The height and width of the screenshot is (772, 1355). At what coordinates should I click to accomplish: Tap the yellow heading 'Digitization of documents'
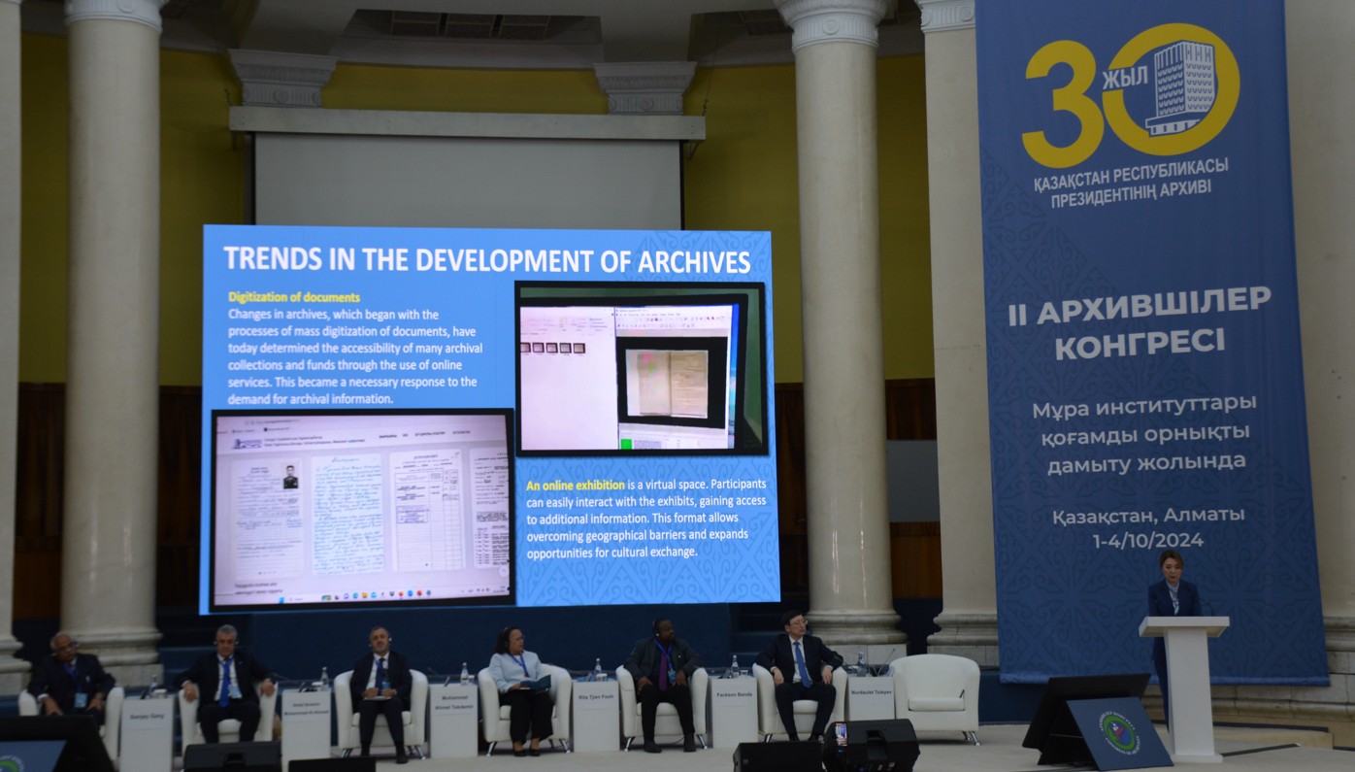pyautogui.click(x=294, y=297)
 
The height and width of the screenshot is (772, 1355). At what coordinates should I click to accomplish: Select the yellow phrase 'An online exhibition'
pyautogui.click(x=576, y=485)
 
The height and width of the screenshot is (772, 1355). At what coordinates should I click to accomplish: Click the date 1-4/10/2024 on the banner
pyautogui.click(x=1148, y=540)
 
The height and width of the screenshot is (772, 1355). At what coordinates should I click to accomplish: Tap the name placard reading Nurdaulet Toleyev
pyautogui.click(x=871, y=696)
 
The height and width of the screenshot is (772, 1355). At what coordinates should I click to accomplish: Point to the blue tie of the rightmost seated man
pyautogui.click(x=802, y=664)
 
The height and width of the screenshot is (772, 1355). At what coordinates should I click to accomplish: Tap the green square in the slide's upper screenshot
pyautogui.click(x=626, y=444)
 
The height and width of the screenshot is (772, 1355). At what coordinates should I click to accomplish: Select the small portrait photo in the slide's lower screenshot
pyautogui.click(x=289, y=477)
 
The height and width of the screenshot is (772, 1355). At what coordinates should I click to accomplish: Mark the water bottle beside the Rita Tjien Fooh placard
pyautogui.click(x=600, y=670)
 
